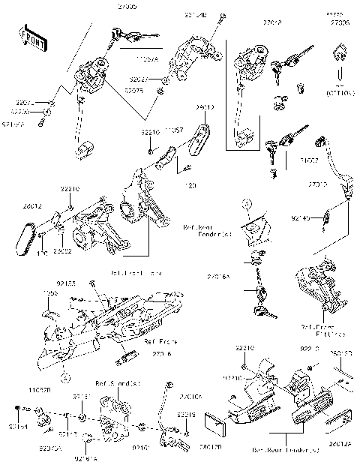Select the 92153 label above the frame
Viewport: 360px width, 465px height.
pos(66,283)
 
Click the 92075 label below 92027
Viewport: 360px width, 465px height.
pos(134,90)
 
